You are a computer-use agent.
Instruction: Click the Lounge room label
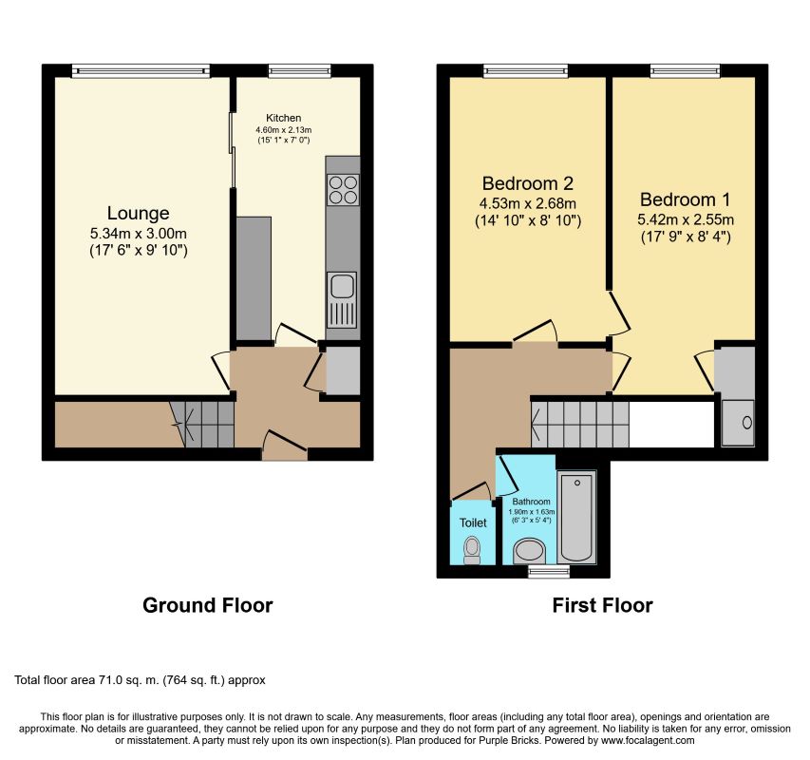coord(138,213)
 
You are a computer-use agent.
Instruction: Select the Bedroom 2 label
coord(529,182)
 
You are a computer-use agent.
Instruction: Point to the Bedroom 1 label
coord(685,199)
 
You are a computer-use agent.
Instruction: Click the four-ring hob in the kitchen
coord(343,190)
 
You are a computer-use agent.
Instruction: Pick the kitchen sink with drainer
coord(342,298)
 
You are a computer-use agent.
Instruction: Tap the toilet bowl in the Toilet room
coord(472,549)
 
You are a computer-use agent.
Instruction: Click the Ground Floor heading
coord(207,605)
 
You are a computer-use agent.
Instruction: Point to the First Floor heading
coord(602,605)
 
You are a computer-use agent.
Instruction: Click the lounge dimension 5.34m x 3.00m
coord(138,233)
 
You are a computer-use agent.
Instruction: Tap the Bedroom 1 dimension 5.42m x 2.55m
coord(685,219)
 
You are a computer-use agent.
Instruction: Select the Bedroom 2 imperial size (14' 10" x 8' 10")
coord(529,220)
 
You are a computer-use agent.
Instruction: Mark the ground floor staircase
coord(202,424)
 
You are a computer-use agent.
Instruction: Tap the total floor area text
coord(141,680)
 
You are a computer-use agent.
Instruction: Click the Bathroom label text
coord(531,502)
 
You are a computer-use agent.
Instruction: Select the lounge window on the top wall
coord(141,68)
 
